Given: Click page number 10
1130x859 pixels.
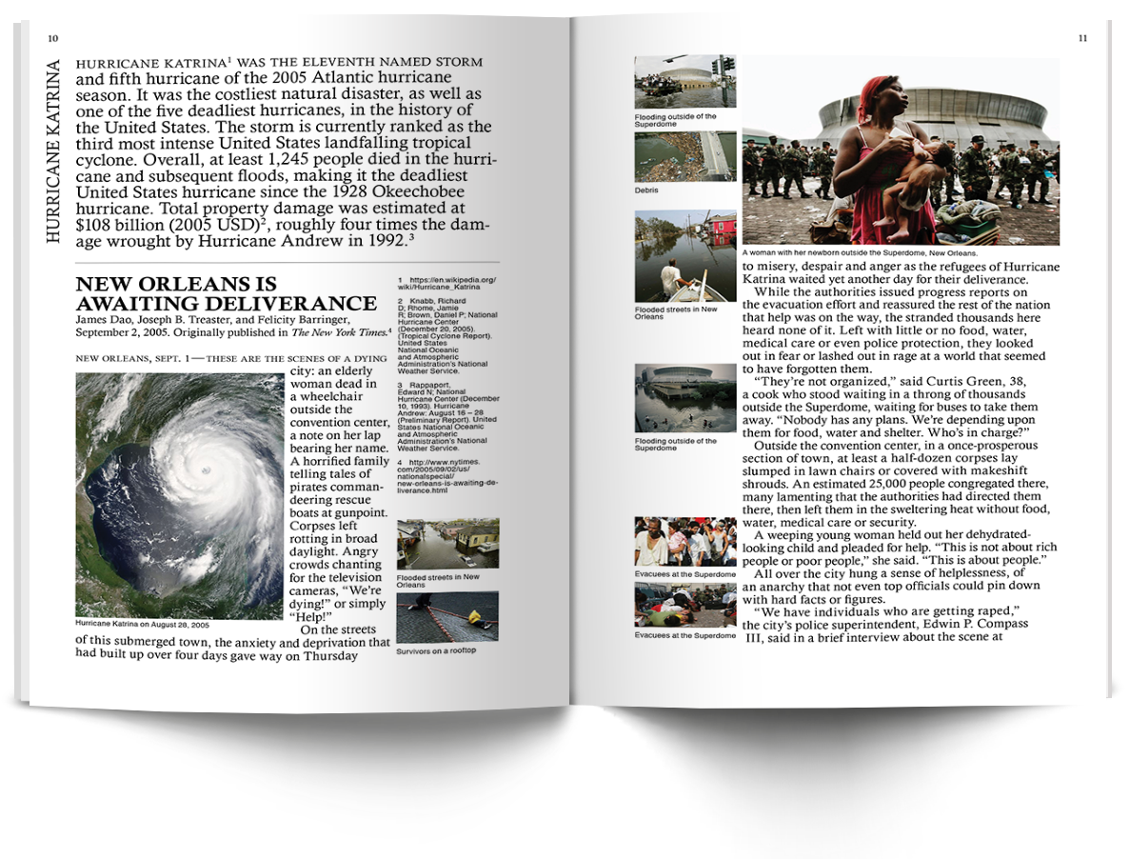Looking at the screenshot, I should pyautogui.click(x=53, y=38).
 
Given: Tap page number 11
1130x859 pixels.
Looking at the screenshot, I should pyautogui.click(x=1082, y=38).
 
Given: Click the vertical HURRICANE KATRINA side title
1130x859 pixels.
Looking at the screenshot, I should pyautogui.click(x=54, y=151).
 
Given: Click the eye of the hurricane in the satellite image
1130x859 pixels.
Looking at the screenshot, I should pyautogui.click(x=203, y=471).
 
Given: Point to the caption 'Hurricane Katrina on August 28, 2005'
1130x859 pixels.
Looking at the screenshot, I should pyautogui.click(x=143, y=624).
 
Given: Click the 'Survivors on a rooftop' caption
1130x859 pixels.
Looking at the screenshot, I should pyautogui.click(x=436, y=650).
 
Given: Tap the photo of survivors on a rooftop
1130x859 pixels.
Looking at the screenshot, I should pyautogui.click(x=446, y=616).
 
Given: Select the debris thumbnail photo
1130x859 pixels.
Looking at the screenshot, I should pyautogui.click(x=684, y=156).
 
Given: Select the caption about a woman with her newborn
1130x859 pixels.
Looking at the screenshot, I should pyautogui.click(x=859, y=253).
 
